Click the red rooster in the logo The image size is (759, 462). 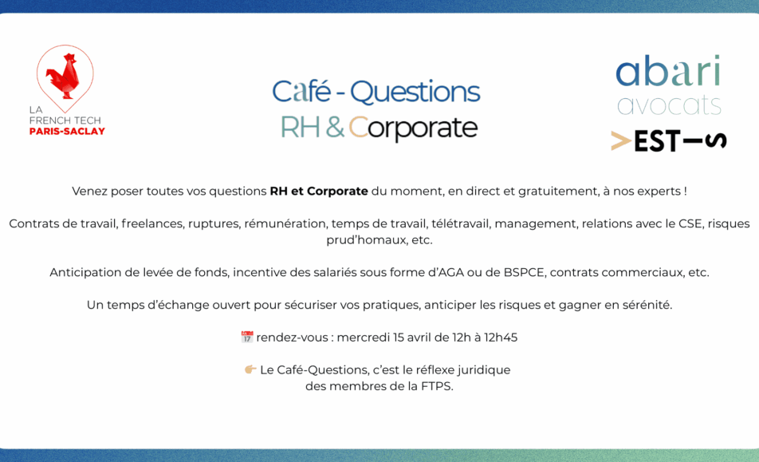coord(64,74)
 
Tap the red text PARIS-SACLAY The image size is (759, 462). coord(67,131)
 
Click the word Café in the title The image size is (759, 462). coord(301,92)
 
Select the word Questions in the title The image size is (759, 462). coord(415,93)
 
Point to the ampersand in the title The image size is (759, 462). coord(335,128)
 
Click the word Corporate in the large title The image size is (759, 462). coord(413,128)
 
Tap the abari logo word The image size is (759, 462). coord(668,71)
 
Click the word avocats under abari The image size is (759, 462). coord(669,105)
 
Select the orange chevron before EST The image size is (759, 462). coord(621,141)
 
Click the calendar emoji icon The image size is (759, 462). coord(247,337)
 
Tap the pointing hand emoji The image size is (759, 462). coord(250,369)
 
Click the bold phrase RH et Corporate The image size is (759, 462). coord(319,192)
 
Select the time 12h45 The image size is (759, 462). coord(501,338)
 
